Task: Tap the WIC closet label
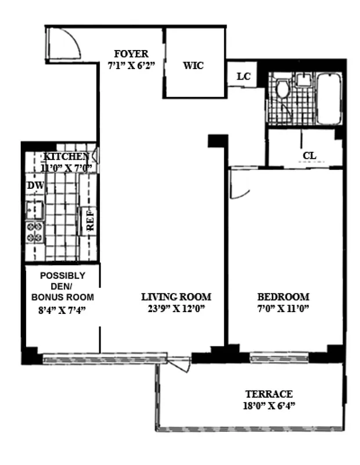(193, 65)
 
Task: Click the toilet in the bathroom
(283, 91)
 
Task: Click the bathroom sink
(304, 81)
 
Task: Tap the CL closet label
(309, 156)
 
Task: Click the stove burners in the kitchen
(34, 232)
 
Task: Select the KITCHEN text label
(67, 157)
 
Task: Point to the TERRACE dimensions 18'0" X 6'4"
(268, 406)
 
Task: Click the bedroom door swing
(238, 185)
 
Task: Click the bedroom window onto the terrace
(279, 357)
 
